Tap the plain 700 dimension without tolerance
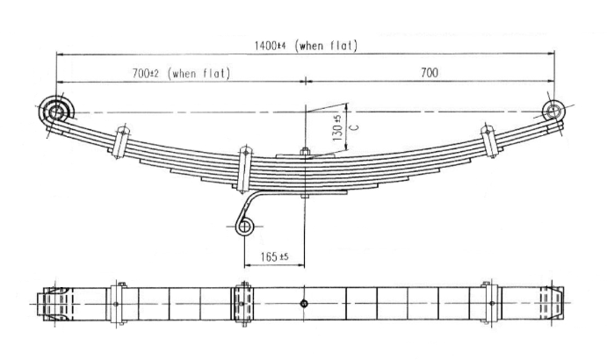pos(430,73)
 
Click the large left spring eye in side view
pos(58,112)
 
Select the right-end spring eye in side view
pos(553,111)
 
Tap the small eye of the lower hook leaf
pos(245,227)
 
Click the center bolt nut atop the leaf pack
pos(304,155)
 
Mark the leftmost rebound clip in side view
pos(121,142)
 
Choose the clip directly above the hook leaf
pos(244,168)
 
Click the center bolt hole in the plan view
pos(303,305)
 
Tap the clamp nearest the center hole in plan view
pos(243,305)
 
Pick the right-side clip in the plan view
pos(486,305)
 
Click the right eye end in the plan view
pos(552,305)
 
